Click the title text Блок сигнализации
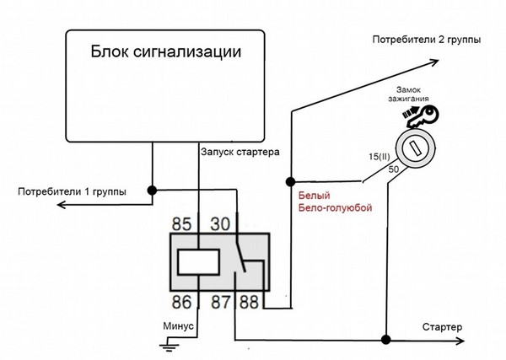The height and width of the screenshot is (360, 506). click(165, 51)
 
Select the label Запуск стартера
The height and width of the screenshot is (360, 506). click(240, 153)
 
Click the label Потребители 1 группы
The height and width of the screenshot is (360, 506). click(72, 191)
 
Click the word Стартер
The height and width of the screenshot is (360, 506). click(442, 326)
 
